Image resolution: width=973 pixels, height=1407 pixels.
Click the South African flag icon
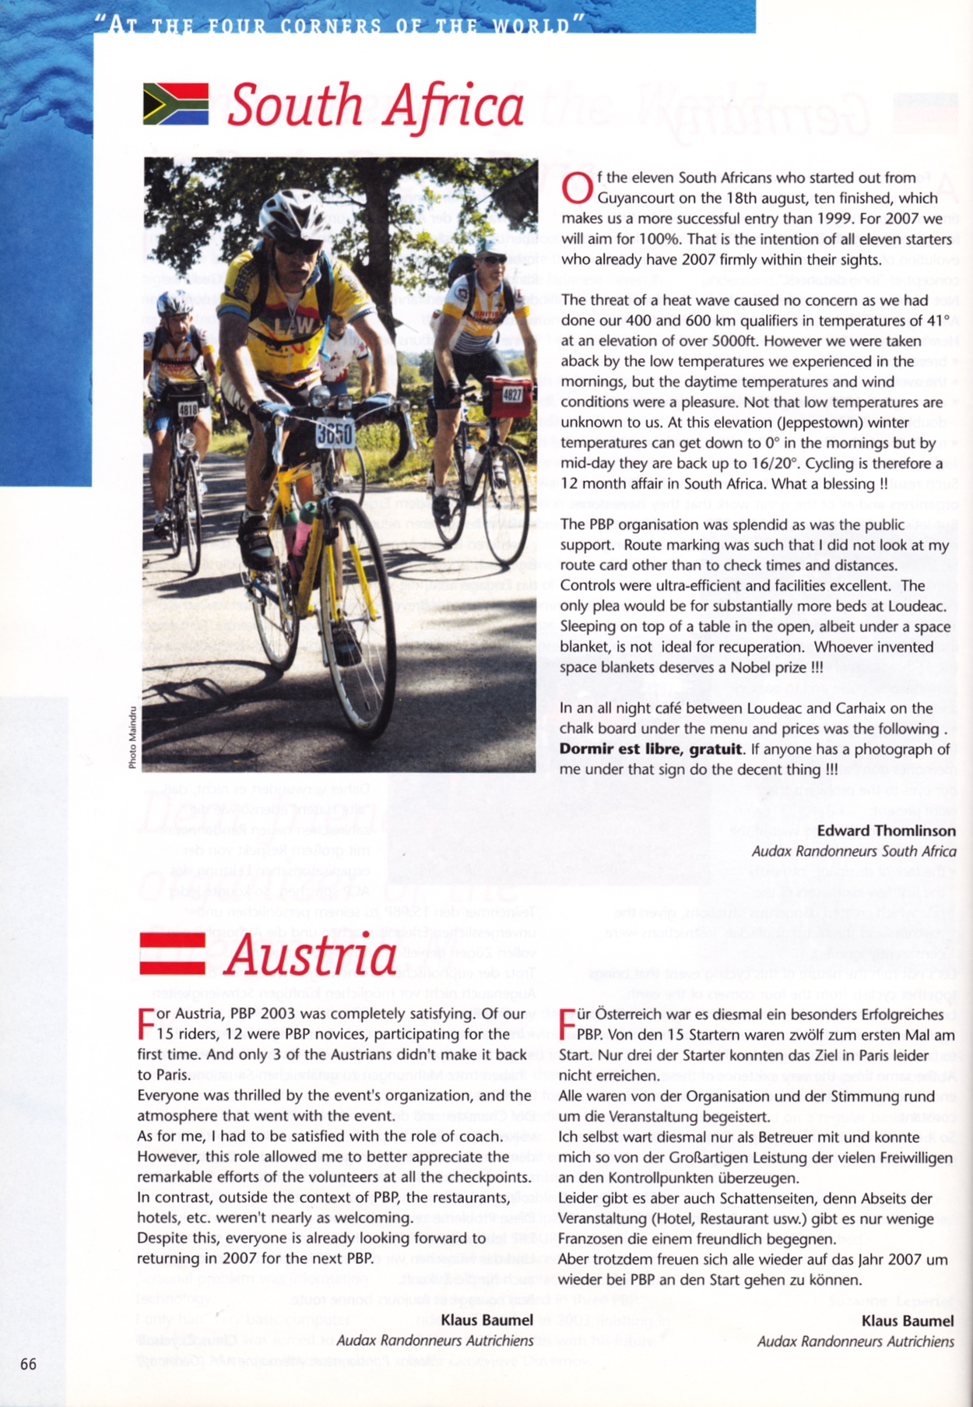tap(176, 104)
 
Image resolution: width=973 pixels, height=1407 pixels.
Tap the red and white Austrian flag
tap(172, 953)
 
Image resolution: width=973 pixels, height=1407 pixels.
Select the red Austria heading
tap(311, 955)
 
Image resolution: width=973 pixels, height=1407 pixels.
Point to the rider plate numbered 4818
tap(188, 410)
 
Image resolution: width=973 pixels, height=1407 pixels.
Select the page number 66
tap(28, 1363)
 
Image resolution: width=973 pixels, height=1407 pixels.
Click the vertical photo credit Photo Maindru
tap(132, 737)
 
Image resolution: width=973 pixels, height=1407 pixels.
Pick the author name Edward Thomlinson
tap(886, 830)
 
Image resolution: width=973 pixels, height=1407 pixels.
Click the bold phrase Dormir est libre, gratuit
tap(650, 749)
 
